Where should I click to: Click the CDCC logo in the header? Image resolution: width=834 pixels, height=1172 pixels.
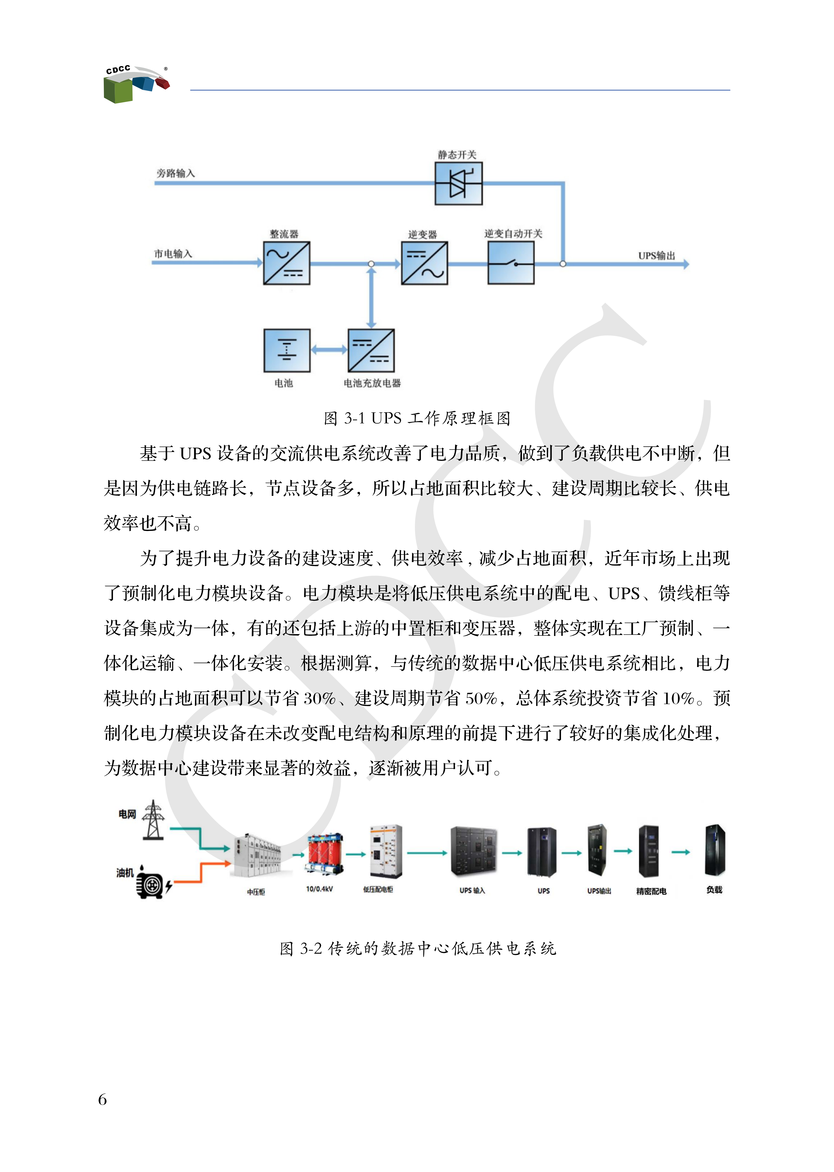136,84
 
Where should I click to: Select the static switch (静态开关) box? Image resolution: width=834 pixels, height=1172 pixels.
458,183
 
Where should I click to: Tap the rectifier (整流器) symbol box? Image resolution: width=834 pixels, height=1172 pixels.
287,263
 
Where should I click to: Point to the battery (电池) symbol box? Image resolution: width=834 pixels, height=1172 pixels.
287,350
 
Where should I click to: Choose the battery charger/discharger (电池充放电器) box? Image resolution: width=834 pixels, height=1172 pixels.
371,350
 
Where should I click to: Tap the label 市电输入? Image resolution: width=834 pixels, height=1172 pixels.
173,254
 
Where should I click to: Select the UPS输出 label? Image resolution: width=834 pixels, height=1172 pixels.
656,255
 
